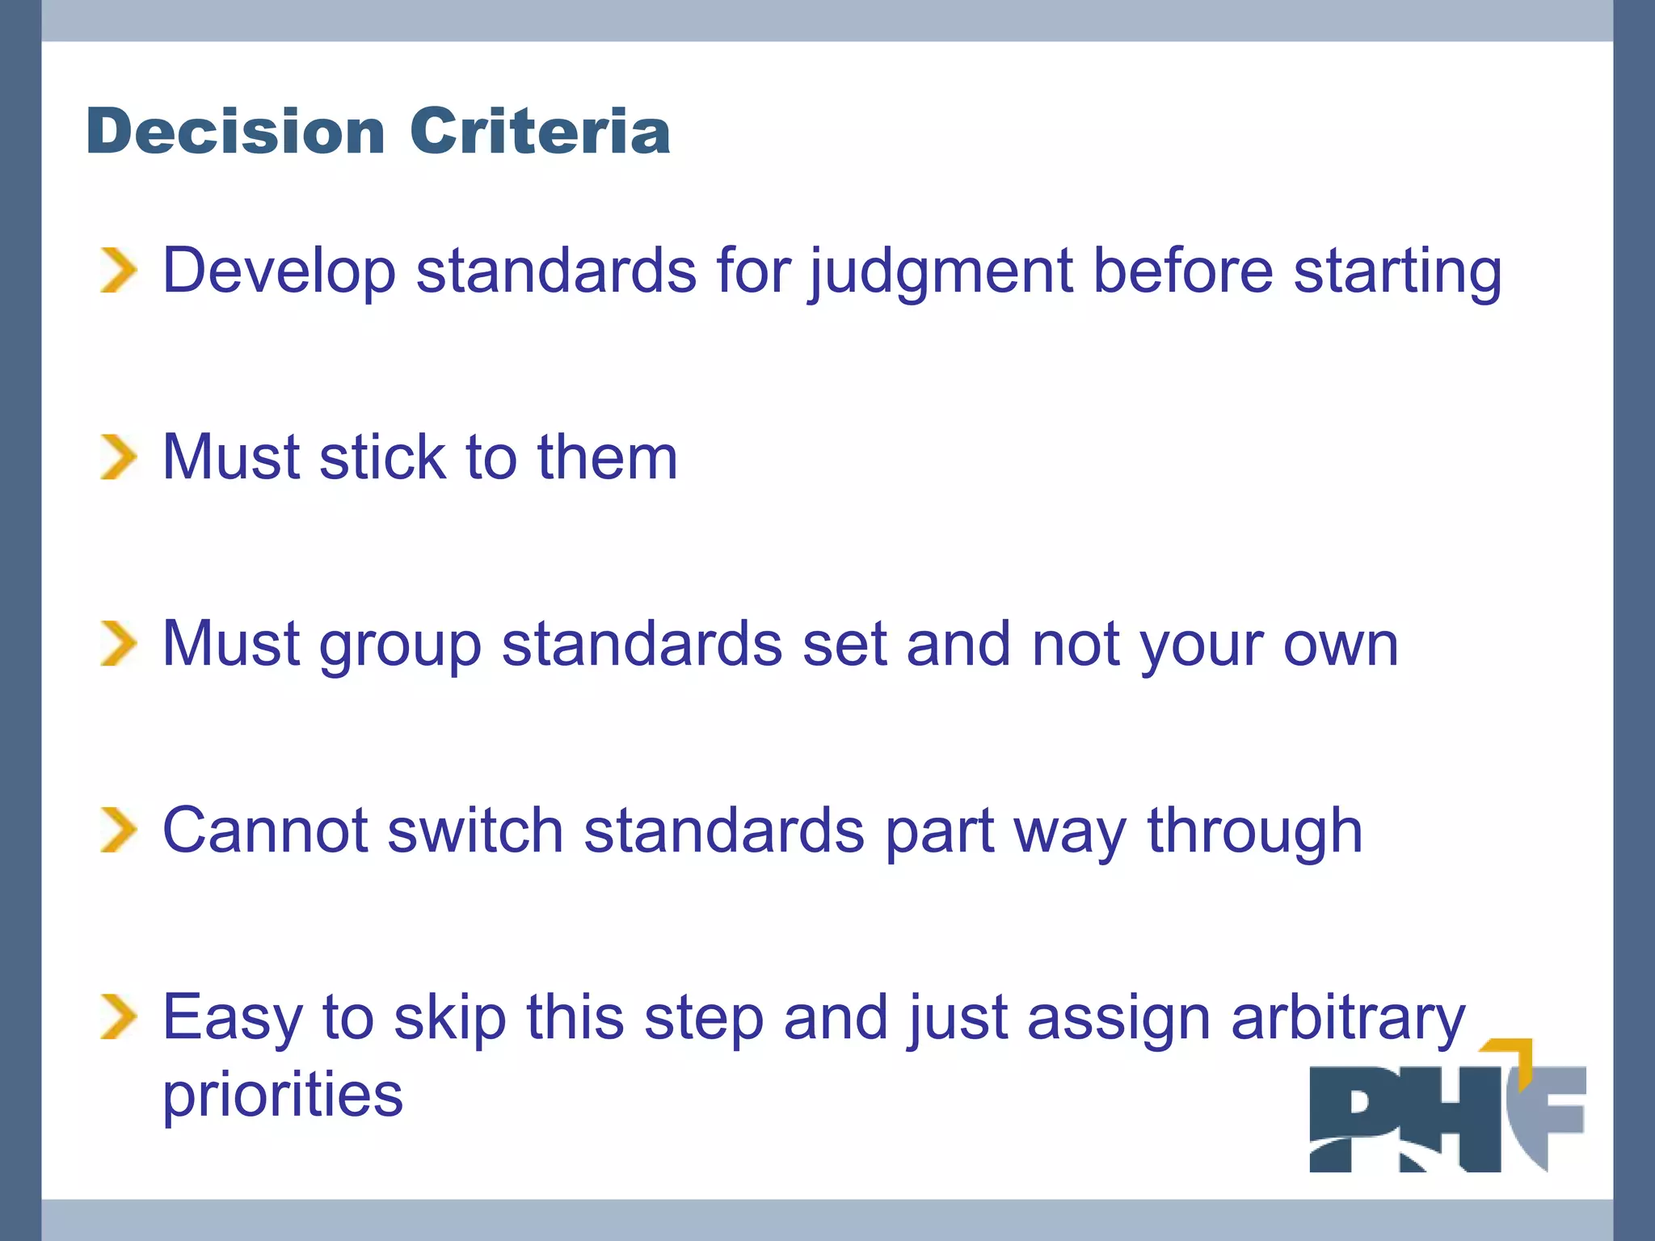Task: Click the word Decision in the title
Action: pos(235,131)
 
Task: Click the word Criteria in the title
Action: pos(540,131)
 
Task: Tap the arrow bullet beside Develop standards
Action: pos(118,270)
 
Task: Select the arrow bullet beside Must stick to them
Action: pos(118,456)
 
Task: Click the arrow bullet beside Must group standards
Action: pos(118,643)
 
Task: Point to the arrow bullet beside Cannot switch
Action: pos(118,830)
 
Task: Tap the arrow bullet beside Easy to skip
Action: pos(118,1016)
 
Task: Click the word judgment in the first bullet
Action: pos(941,273)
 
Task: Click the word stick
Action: pos(382,457)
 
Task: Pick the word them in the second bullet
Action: pos(607,457)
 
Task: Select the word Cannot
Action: pos(265,831)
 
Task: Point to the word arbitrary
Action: pos(1347,1019)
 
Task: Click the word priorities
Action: pos(282,1096)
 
